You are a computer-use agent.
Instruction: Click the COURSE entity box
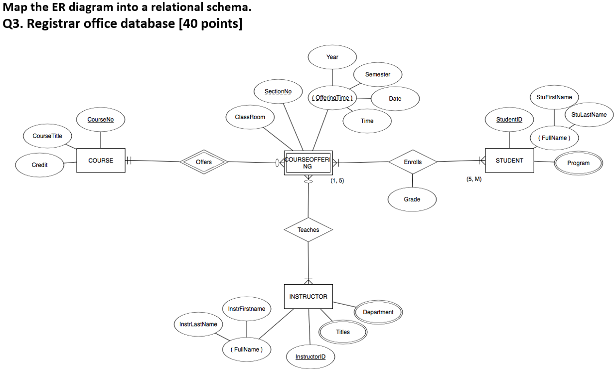point(101,161)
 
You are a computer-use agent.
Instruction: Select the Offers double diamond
point(203,162)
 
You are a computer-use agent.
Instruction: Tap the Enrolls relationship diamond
point(413,162)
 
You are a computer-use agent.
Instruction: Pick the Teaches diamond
point(308,229)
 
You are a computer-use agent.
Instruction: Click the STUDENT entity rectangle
point(509,161)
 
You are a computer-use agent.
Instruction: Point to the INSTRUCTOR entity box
point(308,297)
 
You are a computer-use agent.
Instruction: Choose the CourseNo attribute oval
point(101,120)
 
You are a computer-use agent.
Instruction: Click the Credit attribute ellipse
point(40,165)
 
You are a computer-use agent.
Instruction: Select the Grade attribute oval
point(412,199)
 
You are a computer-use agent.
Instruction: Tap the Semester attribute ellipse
point(378,74)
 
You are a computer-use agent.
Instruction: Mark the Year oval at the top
point(332,57)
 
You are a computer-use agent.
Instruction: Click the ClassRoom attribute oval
point(250,117)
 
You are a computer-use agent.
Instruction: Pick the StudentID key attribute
point(509,120)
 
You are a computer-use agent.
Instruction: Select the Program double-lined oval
point(578,163)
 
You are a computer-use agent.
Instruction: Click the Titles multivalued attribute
point(343,332)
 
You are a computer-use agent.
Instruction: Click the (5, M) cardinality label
point(474,179)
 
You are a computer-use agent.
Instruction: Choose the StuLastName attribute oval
point(589,115)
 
